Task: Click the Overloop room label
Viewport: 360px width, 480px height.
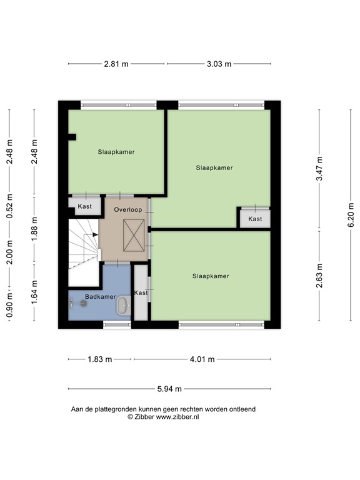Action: tap(128, 210)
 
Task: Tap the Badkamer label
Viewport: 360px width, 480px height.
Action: tap(101, 297)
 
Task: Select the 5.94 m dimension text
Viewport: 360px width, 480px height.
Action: tap(169, 389)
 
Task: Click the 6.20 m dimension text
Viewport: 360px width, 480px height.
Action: tap(351, 215)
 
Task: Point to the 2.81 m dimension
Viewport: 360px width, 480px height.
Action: tap(116, 64)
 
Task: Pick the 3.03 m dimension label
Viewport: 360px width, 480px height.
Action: tap(219, 64)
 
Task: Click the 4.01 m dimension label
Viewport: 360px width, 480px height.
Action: tap(202, 359)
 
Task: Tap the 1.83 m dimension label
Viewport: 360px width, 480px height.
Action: tap(100, 359)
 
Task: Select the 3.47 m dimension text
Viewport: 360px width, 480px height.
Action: tap(319, 168)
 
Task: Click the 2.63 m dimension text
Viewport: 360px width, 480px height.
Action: tap(319, 276)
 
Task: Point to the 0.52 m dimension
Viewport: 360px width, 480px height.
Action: tap(9, 206)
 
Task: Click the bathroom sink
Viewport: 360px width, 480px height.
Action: tap(124, 305)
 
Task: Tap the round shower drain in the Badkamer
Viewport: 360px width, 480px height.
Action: tap(83, 303)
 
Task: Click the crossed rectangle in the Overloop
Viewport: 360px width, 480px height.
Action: tap(134, 235)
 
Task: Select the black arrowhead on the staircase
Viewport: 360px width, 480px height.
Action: tap(95, 234)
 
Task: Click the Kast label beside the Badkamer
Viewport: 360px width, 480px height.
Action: tap(141, 292)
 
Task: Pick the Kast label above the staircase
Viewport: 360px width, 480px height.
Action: tap(85, 206)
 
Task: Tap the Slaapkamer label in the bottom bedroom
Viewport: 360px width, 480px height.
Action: tap(211, 276)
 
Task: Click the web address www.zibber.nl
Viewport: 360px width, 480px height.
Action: tap(177, 417)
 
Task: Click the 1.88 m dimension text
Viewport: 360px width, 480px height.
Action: tap(34, 229)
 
